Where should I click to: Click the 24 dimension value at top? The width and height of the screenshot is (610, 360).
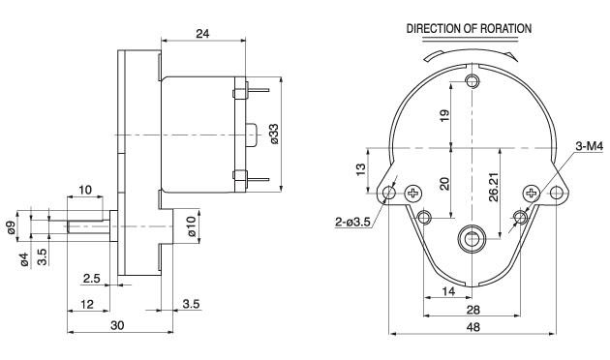(202, 34)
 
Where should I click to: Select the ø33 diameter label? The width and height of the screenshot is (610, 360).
(274, 134)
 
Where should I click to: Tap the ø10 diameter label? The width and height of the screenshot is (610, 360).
(191, 226)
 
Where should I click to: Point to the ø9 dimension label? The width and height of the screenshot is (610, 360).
(12, 227)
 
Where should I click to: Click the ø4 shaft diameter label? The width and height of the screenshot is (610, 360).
(24, 259)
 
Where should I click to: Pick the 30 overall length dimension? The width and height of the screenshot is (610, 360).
(117, 325)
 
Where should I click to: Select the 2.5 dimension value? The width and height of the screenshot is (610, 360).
(92, 279)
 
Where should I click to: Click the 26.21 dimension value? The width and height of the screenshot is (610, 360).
(494, 187)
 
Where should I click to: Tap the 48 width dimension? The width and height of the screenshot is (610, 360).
(473, 327)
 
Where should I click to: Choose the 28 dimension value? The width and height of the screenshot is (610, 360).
(473, 310)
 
